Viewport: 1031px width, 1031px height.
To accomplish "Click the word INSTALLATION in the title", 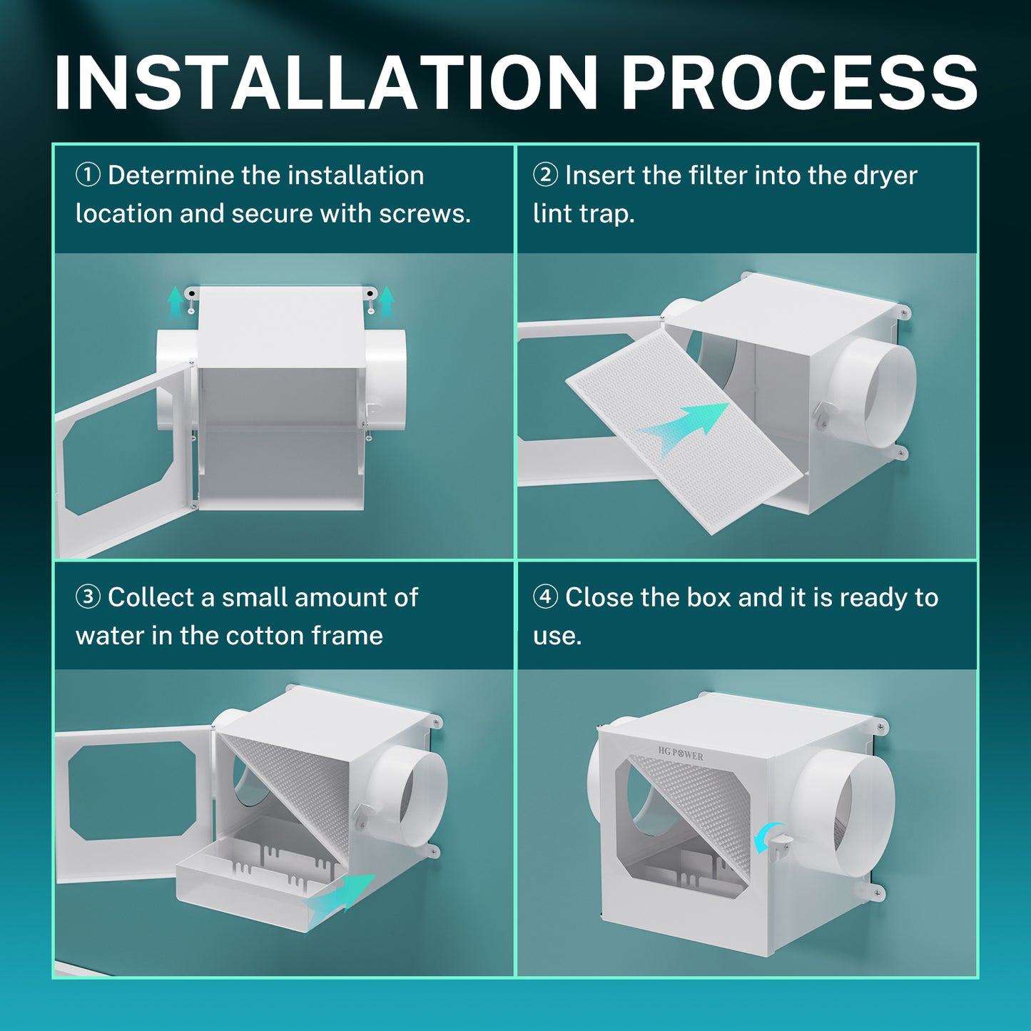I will point(325,83).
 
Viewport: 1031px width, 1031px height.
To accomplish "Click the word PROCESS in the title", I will point(799,83).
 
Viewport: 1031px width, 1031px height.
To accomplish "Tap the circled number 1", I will point(88,175).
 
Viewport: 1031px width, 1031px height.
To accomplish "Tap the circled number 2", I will point(545,175).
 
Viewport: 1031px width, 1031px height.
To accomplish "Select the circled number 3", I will point(88,596).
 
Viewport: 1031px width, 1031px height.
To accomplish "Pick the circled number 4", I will point(545,596).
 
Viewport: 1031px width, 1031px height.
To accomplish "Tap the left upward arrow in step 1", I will point(175,302).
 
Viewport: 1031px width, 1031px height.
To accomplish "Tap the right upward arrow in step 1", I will point(386,302).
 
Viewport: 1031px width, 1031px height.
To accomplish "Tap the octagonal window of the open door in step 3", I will point(133,791).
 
